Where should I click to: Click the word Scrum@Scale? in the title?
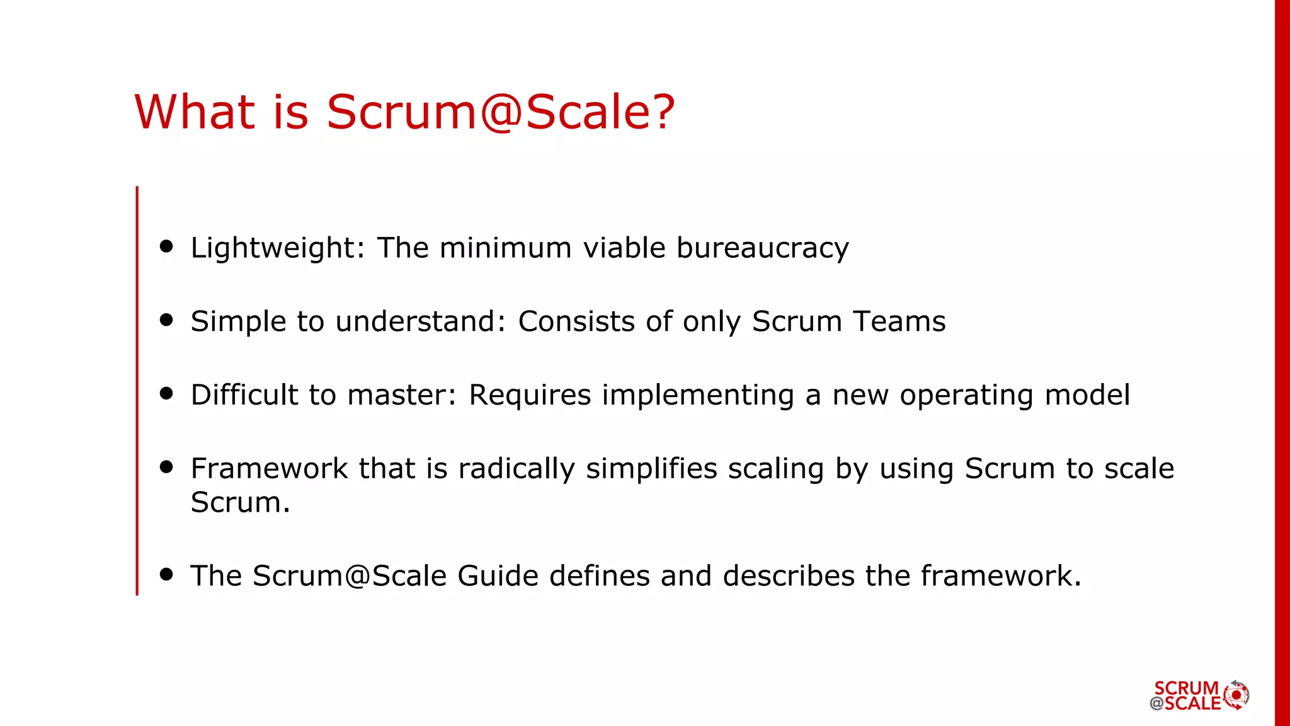point(501,112)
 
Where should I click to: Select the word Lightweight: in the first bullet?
point(278,248)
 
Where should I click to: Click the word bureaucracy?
point(763,248)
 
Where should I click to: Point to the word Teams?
point(899,321)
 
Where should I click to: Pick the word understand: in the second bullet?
point(421,321)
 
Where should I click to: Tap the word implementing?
point(698,396)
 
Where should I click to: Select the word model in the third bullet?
point(1087,395)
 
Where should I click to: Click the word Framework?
point(269,469)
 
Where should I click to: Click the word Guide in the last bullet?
point(498,576)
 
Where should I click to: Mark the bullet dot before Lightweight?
point(166,246)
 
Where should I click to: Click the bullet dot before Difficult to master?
point(166,393)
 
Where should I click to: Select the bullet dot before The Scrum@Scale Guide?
point(166,573)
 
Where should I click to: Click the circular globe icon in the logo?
point(1236,695)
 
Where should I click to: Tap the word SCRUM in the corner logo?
point(1186,688)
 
